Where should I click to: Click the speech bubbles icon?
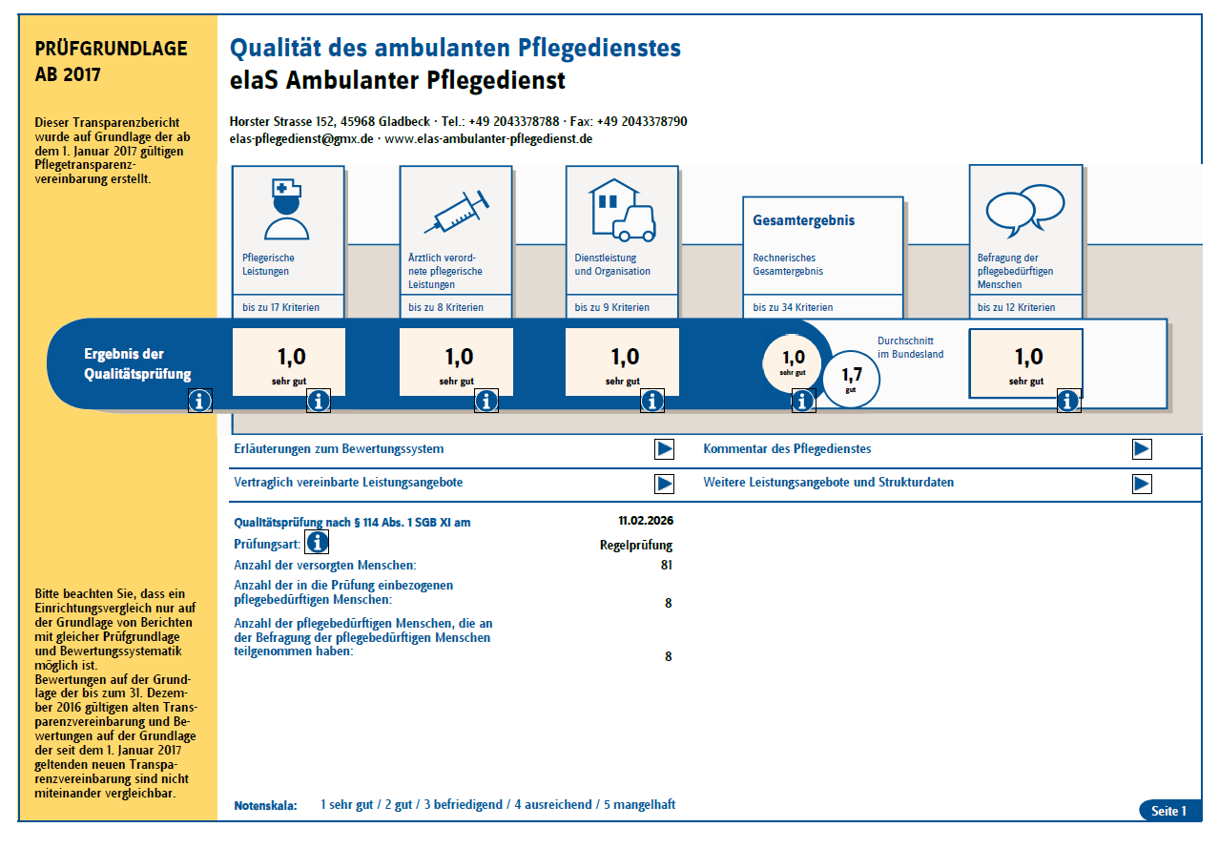tap(1024, 211)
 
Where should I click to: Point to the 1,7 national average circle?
tap(852, 379)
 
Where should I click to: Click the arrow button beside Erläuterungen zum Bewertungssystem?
tap(665, 449)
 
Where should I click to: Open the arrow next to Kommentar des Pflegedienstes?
tap(1142, 449)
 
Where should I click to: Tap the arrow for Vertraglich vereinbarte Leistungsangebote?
tap(665, 484)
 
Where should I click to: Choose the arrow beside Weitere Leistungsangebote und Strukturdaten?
tap(1142, 484)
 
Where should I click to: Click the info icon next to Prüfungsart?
tap(317, 543)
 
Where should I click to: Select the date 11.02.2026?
tap(646, 522)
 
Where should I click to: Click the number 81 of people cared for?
tap(666, 565)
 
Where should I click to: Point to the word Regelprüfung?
tap(636, 546)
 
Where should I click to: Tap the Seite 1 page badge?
tap(1168, 811)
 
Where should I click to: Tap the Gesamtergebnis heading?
tap(804, 220)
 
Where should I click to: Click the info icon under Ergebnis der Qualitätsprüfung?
tap(200, 401)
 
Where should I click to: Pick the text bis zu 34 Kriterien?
tap(793, 307)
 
